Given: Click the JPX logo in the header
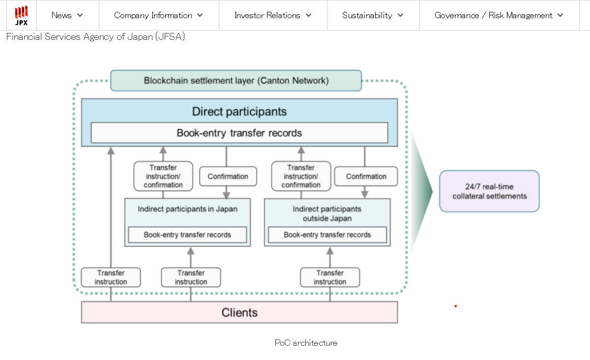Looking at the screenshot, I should (x=21, y=15).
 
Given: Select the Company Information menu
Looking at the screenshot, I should (x=158, y=15).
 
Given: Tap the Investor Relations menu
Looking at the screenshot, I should (x=273, y=15).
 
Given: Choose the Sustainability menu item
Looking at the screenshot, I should (x=373, y=15).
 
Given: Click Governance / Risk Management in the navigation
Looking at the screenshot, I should (x=499, y=15).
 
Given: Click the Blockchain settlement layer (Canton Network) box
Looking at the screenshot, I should (x=236, y=81).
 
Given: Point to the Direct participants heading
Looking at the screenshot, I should (x=239, y=112).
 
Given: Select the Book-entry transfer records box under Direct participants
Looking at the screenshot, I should (x=239, y=133).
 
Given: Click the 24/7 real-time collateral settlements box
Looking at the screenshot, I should (x=489, y=191).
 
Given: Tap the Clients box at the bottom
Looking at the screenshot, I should (x=239, y=312).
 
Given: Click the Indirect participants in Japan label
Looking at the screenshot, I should (x=187, y=209).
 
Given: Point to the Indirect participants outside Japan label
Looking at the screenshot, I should (x=327, y=213).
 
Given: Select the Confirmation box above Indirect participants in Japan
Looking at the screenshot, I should (x=228, y=177).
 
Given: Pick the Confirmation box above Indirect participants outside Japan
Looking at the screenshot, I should (x=366, y=177).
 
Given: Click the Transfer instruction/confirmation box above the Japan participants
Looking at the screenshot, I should (x=163, y=177).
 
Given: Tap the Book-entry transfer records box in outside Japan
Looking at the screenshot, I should (x=327, y=235).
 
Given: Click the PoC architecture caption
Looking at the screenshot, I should (x=306, y=343).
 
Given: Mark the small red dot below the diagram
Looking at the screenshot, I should (x=456, y=306).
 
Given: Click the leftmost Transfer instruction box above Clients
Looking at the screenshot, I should (x=111, y=277).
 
